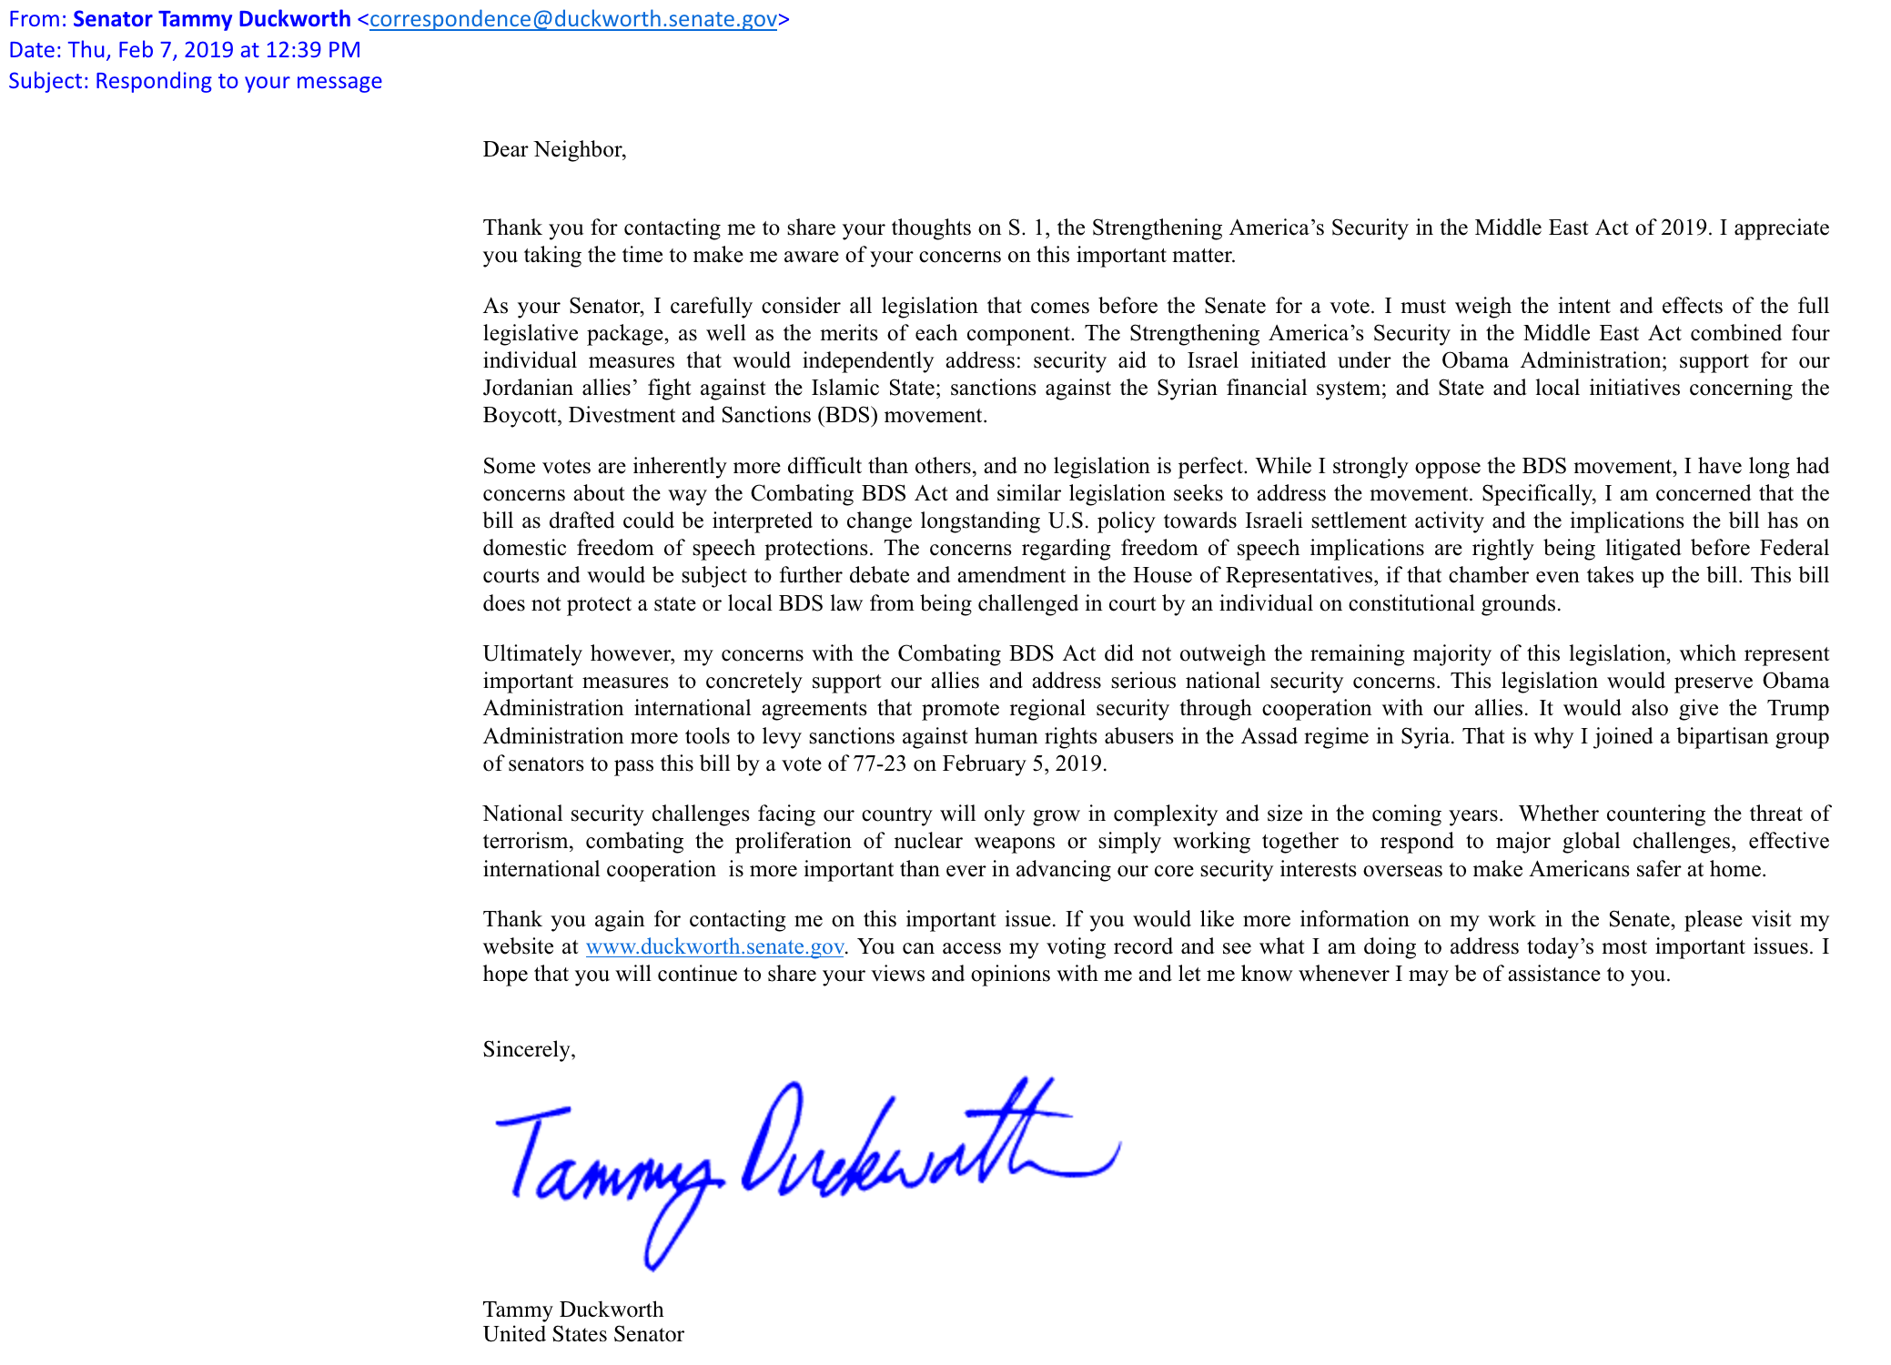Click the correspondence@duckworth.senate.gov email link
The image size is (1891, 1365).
(x=572, y=19)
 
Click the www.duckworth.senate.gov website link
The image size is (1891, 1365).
(x=714, y=946)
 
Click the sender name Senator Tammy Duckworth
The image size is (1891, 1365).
(x=211, y=19)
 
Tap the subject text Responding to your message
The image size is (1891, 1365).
(x=238, y=81)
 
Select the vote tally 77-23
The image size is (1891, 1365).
(x=879, y=763)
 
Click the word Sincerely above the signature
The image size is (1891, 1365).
(x=527, y=1049)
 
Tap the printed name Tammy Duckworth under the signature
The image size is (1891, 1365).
(x=572, y=1309)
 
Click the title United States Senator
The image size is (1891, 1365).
(x=582, y=1334)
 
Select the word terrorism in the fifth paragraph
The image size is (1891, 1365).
(x=526, y=841)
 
